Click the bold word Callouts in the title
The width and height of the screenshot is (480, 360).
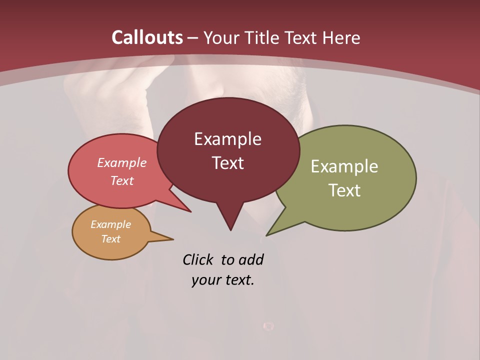(x=147, y=37)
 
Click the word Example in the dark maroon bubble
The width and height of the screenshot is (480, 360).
(x=227, y=139)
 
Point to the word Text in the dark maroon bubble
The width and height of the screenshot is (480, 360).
(x=227, y=163)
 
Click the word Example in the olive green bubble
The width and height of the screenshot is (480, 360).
(x=344, y=166)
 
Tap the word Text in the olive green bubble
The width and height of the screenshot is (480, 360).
(x=344, y=190)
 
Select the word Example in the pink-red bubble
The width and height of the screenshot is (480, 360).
(x=121, y=163)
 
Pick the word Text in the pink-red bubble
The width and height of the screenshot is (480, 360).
(x=121, y=180)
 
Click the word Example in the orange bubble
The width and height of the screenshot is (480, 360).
(x=110, y=224)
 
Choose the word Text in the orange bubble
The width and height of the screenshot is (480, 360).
(x=110, y=239)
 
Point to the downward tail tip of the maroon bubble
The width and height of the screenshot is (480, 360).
(x=230, y=230)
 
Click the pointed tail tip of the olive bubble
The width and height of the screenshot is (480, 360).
(x=266, y=235)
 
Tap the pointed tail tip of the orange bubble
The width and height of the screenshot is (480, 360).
(x=173, y=239)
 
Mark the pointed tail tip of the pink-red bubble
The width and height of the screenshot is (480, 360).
(x=190, y=211)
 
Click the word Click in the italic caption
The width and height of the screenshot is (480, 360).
(x=198, y=260)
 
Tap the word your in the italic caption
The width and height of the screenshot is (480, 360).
(x=205, y=280)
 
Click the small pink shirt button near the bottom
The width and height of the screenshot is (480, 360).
(x=268, y=326)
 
